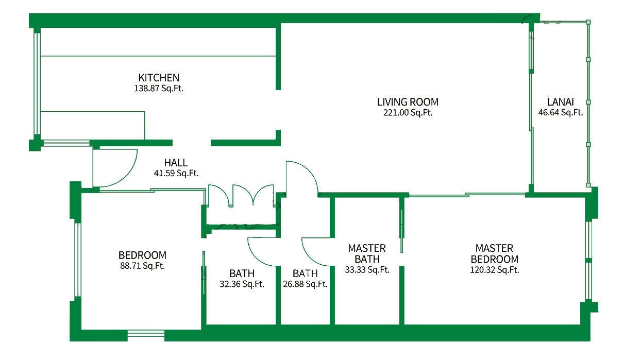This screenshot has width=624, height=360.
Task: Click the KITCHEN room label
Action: [159, 77]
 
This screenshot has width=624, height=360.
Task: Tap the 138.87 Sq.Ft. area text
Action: [159, 88]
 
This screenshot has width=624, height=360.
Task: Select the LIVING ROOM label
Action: [408, 102]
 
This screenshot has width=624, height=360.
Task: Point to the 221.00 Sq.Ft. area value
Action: [408, 112]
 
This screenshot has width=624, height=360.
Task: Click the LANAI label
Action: [561, 102]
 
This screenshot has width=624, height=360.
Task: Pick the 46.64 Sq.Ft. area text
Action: [561, 112]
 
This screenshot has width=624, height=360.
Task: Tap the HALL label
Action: [176, 162]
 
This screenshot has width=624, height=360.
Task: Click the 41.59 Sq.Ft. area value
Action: [176, 173]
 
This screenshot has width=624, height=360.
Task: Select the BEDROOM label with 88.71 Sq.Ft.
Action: [142, 255]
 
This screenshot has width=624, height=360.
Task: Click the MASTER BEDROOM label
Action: [495, 253]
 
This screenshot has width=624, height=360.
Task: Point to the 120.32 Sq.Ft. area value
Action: [495, 270]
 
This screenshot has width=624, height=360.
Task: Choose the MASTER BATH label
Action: [367, 253]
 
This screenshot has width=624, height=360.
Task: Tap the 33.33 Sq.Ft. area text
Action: [367, 270]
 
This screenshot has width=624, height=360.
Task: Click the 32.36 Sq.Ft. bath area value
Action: [242, 284]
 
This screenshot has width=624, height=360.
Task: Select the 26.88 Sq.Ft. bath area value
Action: [306, 284]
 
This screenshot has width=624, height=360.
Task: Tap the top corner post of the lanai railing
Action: [588, 22]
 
